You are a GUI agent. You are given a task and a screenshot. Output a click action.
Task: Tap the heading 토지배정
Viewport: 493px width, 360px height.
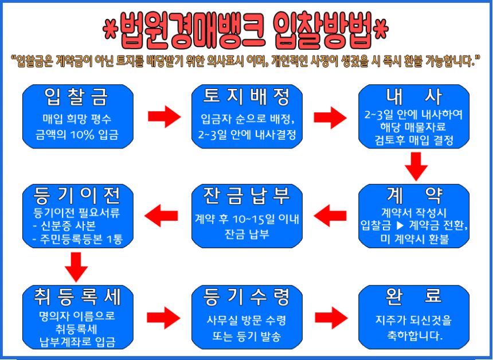(246, 97)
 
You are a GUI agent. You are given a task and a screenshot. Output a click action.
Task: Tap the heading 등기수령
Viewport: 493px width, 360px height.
(246, 297)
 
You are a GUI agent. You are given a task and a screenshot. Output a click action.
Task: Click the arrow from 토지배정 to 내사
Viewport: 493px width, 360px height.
(331, 116)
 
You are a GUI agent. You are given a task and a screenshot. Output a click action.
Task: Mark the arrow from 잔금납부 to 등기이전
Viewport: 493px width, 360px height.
(162, 216)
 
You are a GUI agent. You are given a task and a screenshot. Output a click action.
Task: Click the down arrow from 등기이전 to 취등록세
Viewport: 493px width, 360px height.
(76, 267)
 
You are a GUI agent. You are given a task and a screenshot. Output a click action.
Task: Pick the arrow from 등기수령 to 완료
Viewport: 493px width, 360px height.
(331, 316)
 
